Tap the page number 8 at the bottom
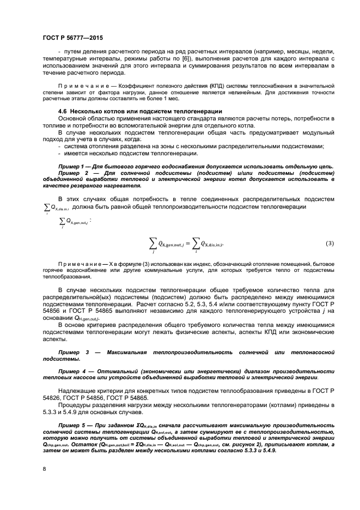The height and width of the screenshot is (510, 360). pos(44,467)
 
